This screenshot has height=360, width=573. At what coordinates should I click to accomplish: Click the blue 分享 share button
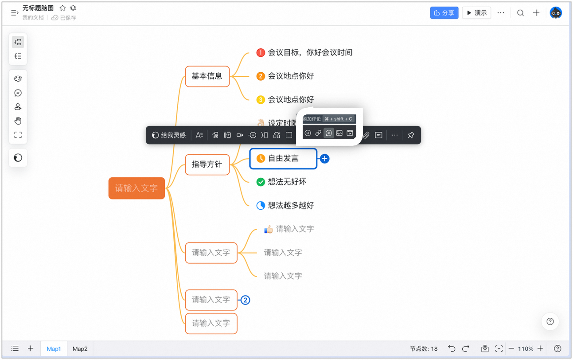click(x=444, y=13)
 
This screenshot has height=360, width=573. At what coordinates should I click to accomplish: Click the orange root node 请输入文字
click(x=136, y=188)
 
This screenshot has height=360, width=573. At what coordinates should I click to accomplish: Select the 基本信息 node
click(x=207, y=76)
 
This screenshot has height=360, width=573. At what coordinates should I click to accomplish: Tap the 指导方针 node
click(x=207, y=164)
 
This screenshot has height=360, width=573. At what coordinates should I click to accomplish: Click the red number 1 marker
click(x=261, y=53)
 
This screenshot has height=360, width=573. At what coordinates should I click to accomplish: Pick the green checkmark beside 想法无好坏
click(x=261, y=182)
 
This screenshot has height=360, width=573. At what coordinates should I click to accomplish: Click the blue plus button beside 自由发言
click(x=324, y=159)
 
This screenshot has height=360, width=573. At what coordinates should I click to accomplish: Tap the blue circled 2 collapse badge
click(x=245, y=300)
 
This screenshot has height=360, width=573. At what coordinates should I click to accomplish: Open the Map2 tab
click(x=80, y=348)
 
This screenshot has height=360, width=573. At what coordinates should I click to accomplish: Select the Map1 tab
click(x=54, y=348)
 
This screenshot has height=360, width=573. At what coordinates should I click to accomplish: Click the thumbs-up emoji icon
click(x=269, y=229)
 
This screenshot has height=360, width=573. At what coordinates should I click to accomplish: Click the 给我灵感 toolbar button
click(x=169, y=135)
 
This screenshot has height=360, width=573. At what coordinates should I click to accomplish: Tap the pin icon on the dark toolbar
click(x=411, y=135)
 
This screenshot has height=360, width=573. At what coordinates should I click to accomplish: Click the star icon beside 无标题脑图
click(x=62, y=8)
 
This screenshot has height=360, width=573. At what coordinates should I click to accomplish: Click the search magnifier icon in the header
click(x=520, y=13)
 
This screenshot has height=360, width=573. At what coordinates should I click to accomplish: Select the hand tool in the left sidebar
click(x=18, y=121)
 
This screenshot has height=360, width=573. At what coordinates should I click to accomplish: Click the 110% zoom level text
click(x=526, y=348)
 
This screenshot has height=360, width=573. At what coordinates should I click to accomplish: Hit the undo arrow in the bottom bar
click(x=452, y=348)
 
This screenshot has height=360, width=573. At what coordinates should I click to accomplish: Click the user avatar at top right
click(x=556, y=13)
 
